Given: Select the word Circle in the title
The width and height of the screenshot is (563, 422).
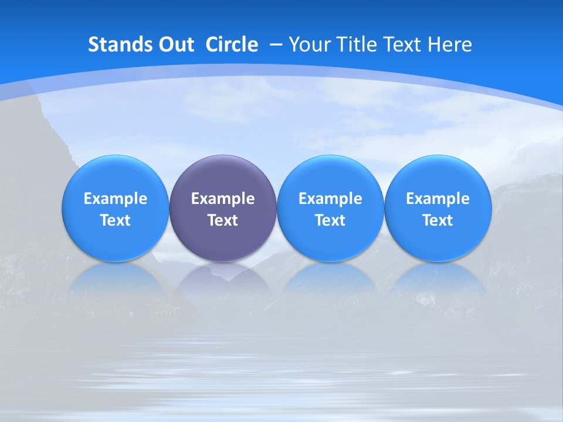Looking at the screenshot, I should tap(232, 45).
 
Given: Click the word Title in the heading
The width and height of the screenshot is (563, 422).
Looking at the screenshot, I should tap(358, 45).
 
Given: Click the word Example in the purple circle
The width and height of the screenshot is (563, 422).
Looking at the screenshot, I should tap(223, 199).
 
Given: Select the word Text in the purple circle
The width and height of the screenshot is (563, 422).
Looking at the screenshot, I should tap(223, 220).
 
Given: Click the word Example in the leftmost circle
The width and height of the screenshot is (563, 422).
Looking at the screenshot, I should tap(116, 199).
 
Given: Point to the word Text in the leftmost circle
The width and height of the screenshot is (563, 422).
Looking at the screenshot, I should tap(116, 220).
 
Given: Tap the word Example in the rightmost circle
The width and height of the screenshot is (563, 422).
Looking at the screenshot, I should tap(438, 199).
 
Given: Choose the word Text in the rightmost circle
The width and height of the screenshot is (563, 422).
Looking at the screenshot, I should tap(438, 220).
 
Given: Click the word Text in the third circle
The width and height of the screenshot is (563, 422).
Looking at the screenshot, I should tap(330, 220).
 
